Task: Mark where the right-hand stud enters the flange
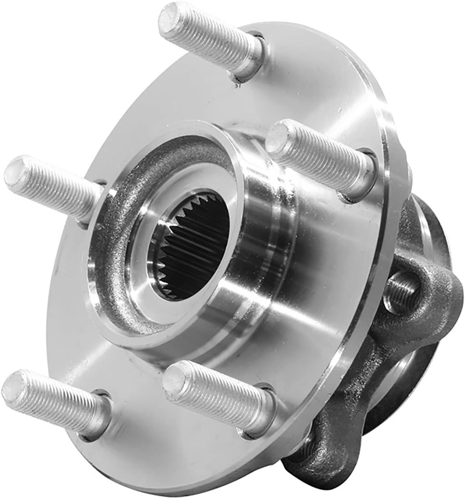359,180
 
